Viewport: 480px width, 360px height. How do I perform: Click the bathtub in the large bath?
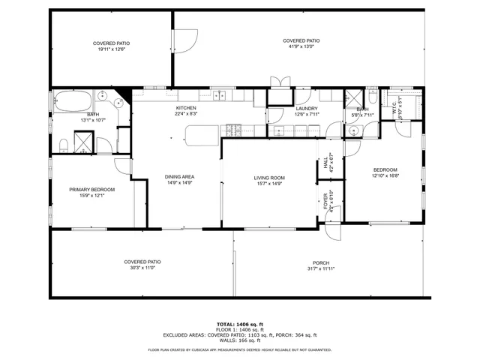click(70, 100)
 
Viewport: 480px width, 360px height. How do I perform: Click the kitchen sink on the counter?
click(221, 94)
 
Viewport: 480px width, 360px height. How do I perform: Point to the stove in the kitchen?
click(233, 130)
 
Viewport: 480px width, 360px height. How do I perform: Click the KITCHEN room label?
click(186, 109)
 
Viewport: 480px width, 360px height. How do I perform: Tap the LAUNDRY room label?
click(307, 109)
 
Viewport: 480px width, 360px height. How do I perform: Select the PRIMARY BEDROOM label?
click(92, 190)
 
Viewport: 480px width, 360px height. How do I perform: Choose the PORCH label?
click(321, 262)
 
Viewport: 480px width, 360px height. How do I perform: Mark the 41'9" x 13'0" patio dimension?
click(301, 46)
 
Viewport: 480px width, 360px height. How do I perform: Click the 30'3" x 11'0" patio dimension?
click(142, 268)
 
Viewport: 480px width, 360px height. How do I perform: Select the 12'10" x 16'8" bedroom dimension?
click(385, 176)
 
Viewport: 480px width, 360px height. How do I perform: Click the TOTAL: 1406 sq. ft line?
click(240, 324)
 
